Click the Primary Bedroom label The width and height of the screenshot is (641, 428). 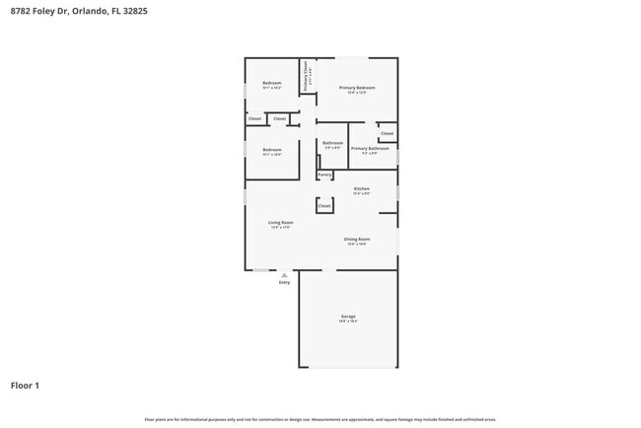[x=357, y=88]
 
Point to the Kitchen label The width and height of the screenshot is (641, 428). [x=361, y=188]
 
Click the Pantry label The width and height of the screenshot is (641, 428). [x=324, y=175]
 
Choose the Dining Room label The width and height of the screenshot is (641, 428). [x=357, y=239]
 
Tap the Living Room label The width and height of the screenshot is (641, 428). [x=281, y=222]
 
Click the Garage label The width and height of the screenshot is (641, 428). [x=349, y=316]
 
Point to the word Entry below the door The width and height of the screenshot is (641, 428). [x=284, y=283]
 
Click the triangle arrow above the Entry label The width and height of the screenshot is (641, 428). [x=284, y=275]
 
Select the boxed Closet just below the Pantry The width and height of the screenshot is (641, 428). [x=324, y=206]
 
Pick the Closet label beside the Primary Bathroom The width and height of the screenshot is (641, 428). [x=387, y=133]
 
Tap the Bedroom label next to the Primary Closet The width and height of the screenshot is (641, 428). [x=272, y=83]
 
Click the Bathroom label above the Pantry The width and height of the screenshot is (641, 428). [x=332, y=143]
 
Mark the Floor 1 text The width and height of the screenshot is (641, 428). [x=25, y=386]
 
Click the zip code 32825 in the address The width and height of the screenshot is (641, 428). [x=136, y=11]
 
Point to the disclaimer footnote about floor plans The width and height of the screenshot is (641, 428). [x=320, y=419]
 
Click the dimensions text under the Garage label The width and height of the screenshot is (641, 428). [x=349, y=321]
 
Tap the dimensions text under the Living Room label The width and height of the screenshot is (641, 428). [x=281, y=228]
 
